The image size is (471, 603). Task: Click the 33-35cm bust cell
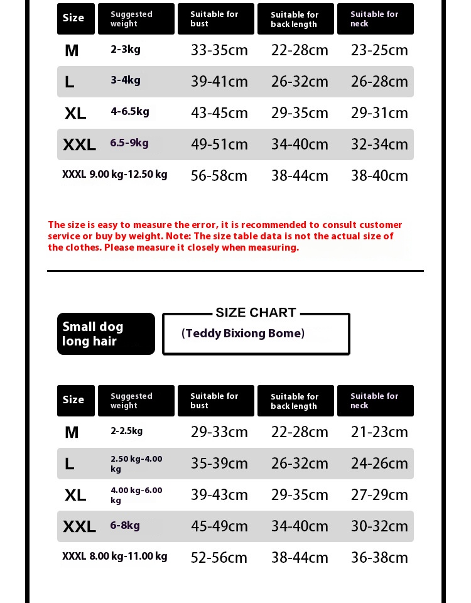[x=219, y=50]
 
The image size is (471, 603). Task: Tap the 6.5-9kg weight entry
[x=129, y=143]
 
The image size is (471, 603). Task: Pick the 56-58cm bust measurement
[x=219, y=176]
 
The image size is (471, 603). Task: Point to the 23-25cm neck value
[x=379, y=50]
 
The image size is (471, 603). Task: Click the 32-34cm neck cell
[x=379, y=144]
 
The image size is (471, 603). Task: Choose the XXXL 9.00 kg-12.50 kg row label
[x=115, y=175]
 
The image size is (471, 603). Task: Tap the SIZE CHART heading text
[x=256, y=313]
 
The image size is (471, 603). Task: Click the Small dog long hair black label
[x=106, y=334]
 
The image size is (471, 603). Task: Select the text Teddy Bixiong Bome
[x=243, y=334]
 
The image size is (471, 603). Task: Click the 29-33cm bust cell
[x=219, y=432]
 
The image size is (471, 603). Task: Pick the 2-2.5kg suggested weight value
[x=127, y=431]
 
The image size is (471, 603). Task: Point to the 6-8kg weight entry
[x=125, y=525]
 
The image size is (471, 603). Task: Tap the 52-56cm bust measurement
[x=219, y=558]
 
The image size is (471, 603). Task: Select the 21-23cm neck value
[x=379, y=432]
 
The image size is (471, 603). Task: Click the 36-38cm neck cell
[x=379, y=558]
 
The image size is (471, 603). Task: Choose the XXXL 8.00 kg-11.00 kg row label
[x=115, y=557]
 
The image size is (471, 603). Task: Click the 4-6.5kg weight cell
[x=130, y=112]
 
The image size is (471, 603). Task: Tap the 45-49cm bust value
[x=219, y=526]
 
